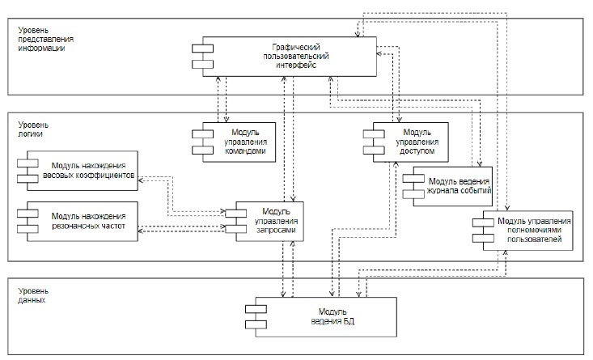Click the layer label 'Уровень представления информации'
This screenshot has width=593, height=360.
(x=45, y=40)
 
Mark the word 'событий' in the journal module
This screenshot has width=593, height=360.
(x=478, y=192)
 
